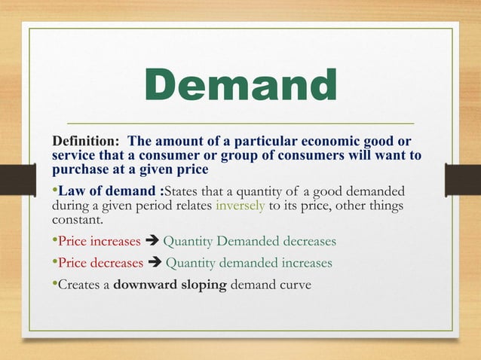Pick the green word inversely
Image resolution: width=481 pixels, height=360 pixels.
pos(240,205)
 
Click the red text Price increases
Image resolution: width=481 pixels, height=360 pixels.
pos(98,242)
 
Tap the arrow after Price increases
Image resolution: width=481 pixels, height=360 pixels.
pos(152,242)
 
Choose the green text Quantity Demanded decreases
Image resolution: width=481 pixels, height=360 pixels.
pos(250,242)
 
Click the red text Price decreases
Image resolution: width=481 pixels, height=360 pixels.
pos(99,264)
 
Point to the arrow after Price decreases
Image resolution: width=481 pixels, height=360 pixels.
pos(154,264)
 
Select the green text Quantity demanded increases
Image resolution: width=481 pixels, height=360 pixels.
pos(248,264)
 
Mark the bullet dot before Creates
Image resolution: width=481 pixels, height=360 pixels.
pos(53,285)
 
